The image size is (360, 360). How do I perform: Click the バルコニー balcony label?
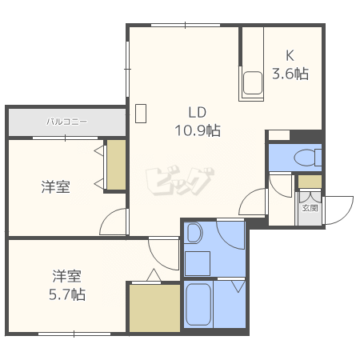(67, 122)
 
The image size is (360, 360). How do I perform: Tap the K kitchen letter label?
(290, 56)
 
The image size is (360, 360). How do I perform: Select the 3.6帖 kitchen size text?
(290, 74)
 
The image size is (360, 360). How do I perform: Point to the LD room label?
(198, 112)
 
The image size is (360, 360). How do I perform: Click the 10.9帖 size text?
(198, 130)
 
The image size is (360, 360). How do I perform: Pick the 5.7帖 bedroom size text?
(67, 294)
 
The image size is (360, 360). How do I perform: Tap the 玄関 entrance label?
(310, 208)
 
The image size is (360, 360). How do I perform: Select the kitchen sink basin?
(253, 83)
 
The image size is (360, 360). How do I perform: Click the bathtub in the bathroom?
(198, 304)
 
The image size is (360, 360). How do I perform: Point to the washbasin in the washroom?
(194, 233)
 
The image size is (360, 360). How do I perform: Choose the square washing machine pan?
(198, 263)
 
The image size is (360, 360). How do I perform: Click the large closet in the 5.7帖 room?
(154, 308)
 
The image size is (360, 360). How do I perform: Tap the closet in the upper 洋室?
(116, 165)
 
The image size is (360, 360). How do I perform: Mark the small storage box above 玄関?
(310, 182)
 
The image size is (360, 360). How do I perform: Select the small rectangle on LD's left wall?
(141, 114)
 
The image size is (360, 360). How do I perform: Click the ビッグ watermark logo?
(180, 182)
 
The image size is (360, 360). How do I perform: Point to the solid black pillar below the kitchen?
(306, 136)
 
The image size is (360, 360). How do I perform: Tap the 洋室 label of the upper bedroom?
(56, 186)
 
